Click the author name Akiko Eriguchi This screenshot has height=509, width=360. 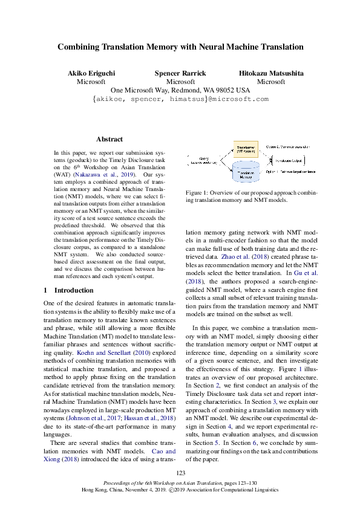91,74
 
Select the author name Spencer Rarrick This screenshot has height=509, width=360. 180,74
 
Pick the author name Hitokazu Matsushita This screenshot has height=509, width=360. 271,74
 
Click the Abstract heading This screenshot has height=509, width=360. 110,139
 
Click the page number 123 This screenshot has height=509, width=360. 180,473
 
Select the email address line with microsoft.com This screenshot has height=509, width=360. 180,99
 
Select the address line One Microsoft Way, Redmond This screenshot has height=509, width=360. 180,90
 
